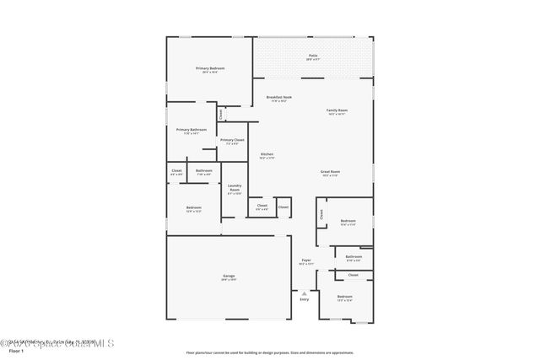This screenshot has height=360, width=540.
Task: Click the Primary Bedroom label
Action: [210, 68]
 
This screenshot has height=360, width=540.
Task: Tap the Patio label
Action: [312, 56]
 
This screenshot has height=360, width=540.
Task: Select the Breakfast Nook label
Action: [279, 97]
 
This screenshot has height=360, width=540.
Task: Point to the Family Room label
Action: [337, 111]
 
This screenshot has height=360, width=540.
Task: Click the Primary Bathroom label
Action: [192, 130]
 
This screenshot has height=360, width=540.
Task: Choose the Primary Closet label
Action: [232, 140]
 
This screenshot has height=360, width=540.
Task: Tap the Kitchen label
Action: [267, 154]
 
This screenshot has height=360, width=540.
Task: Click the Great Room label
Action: [329, 172]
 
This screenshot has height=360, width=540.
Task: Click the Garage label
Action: [229, 276]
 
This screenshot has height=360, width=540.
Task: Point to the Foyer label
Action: [306, 261]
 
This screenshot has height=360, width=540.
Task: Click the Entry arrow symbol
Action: [305, 293]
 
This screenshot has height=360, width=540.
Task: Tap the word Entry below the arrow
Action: [305, 299]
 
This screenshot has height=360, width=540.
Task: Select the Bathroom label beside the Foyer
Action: [354, 256]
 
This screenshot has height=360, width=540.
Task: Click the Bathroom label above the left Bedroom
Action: [203, 171]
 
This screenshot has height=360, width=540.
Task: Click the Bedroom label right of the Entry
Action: [344, 297]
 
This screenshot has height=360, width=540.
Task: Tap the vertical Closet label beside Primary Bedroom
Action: [220, 113]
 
